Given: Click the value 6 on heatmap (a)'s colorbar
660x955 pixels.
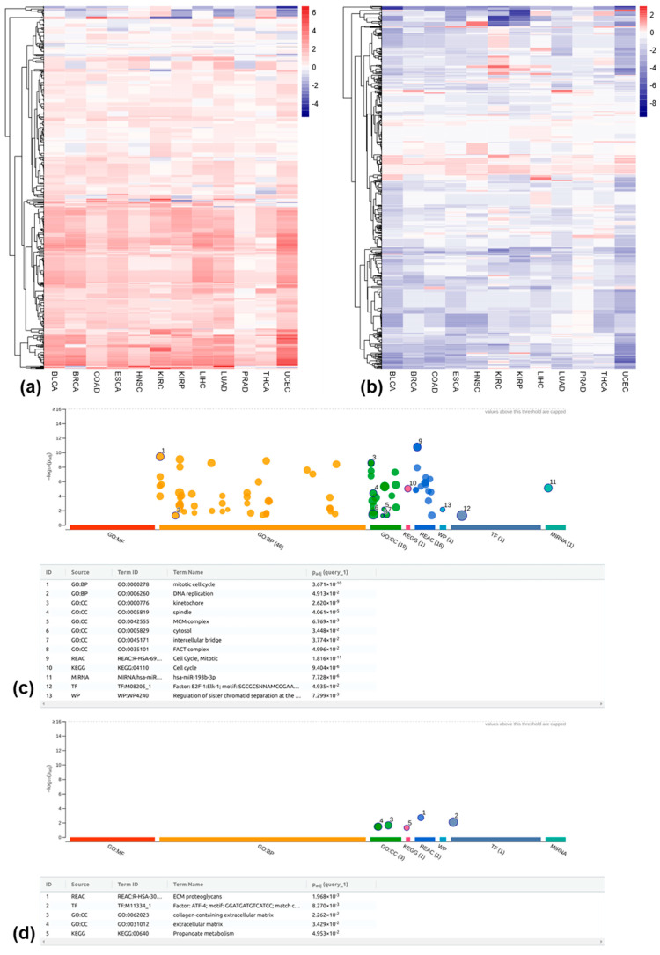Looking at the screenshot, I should [x=314, y=14].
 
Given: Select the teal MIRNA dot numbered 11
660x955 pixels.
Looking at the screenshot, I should [x=548, y=488].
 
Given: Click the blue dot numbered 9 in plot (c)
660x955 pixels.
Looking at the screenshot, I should [x=417, y=447].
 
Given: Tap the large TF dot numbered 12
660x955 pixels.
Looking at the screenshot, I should [x=462, y=515].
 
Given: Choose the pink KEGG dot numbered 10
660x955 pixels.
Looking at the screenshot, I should [x=407, y=489].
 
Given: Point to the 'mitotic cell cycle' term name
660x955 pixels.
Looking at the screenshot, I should [x=202, y=584].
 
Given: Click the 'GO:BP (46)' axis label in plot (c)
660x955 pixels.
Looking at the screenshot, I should [x=268, y=534].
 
